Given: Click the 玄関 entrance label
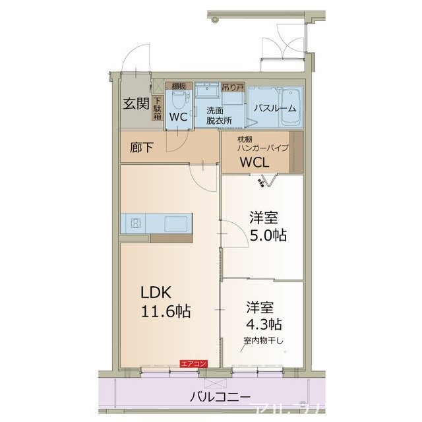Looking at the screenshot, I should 135,104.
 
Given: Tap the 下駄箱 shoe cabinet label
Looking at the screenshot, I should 157,108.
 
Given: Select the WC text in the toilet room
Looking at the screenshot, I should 179,117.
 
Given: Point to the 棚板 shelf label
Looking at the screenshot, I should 179,86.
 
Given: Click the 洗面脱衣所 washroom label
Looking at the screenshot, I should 218,115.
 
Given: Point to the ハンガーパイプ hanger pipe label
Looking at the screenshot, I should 262,148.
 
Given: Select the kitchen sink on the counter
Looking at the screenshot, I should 175,222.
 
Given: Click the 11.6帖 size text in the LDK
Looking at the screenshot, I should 164,311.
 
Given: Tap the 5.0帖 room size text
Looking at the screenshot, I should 267,235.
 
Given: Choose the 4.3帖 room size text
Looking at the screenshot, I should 264,324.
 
